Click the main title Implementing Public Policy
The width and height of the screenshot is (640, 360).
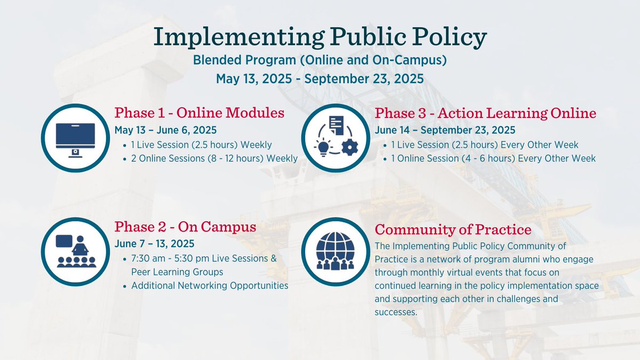(x=319, y=37)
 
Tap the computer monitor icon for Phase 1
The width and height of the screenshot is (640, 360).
(x=75, y=138)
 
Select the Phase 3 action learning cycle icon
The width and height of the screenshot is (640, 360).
(x=335, y=138)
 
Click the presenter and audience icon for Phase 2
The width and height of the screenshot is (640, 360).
(x=75, y=251)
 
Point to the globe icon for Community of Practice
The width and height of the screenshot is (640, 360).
(x=335, y=251)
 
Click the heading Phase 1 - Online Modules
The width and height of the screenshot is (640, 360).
(x=199, y=113)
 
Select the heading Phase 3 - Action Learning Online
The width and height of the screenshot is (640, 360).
(x=485, y=113)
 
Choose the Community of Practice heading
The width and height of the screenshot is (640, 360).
(x=453, y=230)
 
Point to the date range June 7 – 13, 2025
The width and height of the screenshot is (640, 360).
(x=154, y=244)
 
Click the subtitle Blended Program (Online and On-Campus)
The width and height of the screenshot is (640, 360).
(x=319, y=60)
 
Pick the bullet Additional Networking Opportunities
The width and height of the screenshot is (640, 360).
(x=210, y=286)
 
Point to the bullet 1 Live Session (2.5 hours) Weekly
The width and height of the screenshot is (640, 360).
(x=202, y=145)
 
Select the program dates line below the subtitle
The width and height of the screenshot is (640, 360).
(x=319, y=79)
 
